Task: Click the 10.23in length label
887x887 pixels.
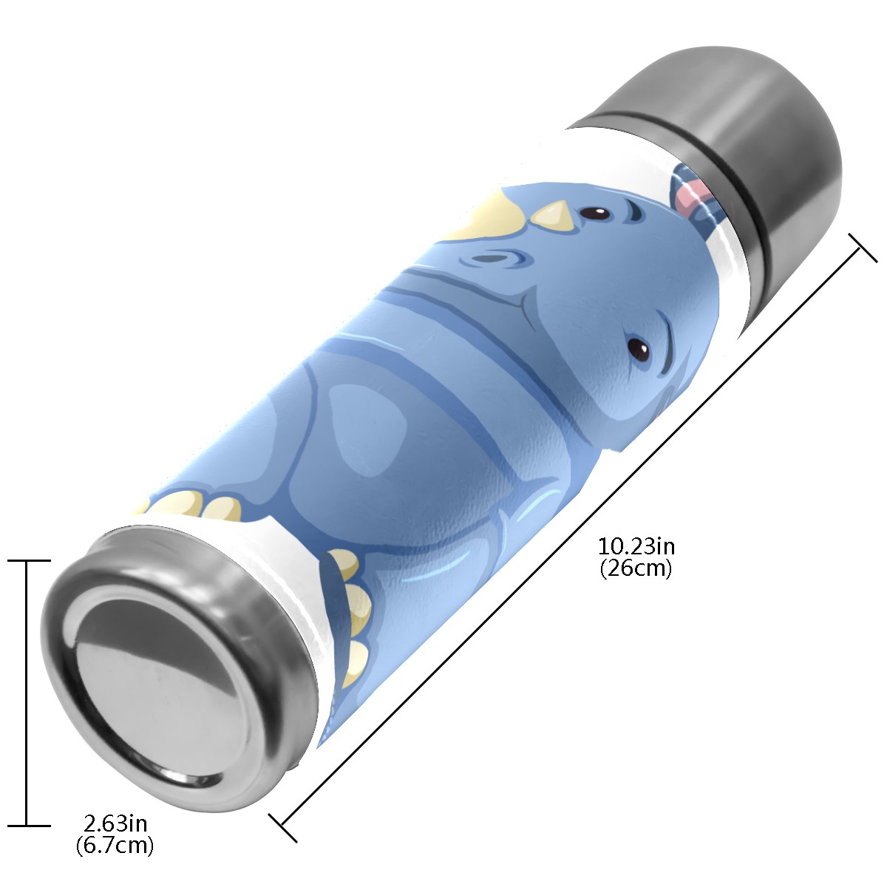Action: pos(636,547)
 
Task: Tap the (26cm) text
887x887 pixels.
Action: pos(636,568)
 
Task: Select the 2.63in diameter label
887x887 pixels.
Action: pos(115,823)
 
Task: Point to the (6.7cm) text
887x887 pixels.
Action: pos(115,845)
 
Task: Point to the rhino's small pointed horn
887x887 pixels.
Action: pos(554,215)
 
